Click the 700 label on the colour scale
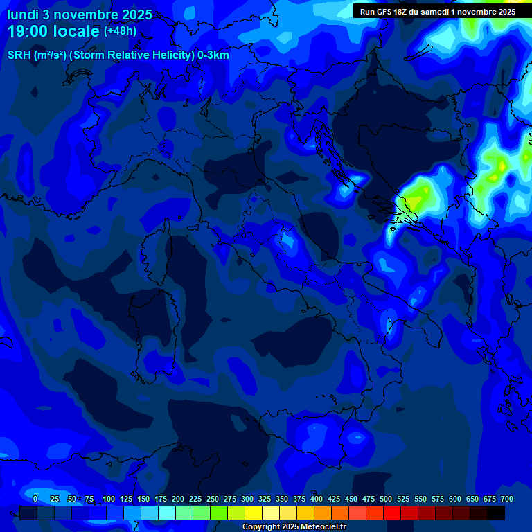tap(507, 499)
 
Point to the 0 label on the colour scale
tap(35, 499)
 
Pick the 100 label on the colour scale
tap(109, 499)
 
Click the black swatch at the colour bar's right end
tap(496, 513)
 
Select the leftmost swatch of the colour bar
tap(28, 513)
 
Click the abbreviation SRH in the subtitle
tap(19, 55)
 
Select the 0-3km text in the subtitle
tap(213, 55)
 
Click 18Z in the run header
tap(403, 11)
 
